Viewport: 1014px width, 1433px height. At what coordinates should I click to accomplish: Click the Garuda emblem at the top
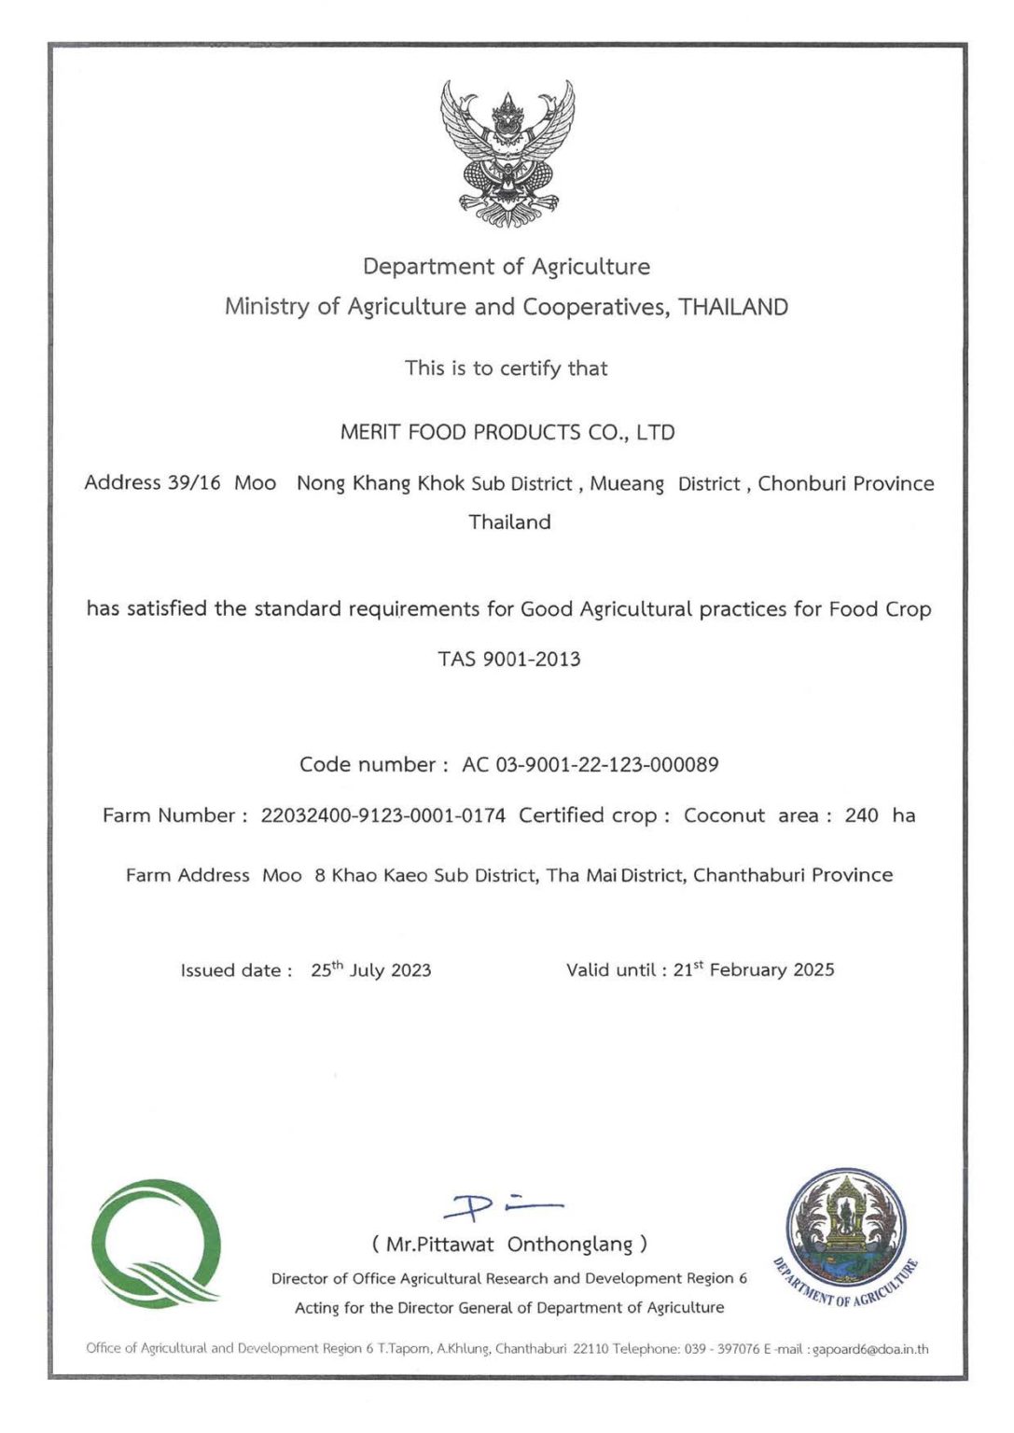pyautogui.click(x=507, y=154)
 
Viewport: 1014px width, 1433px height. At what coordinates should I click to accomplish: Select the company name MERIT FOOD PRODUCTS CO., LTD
pyautogui.click(x=507, y=433)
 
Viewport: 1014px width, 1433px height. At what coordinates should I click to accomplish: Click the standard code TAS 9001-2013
pyautogui.click(x=509, y=660)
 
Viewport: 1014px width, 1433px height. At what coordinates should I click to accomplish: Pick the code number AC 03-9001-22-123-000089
pyautogui.click(x=590, y=765)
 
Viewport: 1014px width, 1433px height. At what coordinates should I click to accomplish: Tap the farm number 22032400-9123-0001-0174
pyautogui.click(x=382, y=815)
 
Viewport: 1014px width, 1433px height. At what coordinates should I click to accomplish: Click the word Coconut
pyautogui.click(x=724, y=815)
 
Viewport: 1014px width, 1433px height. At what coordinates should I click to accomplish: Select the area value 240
pyautogui.click(x=861, y=815)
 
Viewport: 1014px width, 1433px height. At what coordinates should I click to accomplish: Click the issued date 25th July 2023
pyautogui.click(x=370, y=970)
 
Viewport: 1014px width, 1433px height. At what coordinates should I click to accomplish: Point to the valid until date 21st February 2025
pyautogui.click(x=753, y=970)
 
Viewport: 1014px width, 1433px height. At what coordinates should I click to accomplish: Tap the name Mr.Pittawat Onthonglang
pyautogui.click(x=509, y=1245)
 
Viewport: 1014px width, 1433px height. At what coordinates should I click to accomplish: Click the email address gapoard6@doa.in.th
pyautogui.click(x=870, y=1349)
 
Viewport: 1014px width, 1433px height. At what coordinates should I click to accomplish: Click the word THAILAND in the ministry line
pyautogui.click(x=733, y=307)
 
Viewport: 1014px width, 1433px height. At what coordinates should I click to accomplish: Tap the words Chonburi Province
pyautogui.click(x=845, y=483)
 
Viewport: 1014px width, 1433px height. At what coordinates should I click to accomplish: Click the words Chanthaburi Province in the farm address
pyautogui.click(x=793, y=875)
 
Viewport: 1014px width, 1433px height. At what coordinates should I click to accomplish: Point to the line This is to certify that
pyautogui.click(x=506, y=369)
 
